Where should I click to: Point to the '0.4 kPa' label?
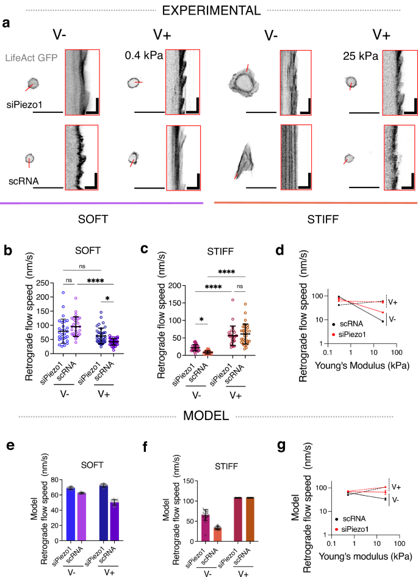[x=142, y=56]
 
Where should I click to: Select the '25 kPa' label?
[x=361, y=56]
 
